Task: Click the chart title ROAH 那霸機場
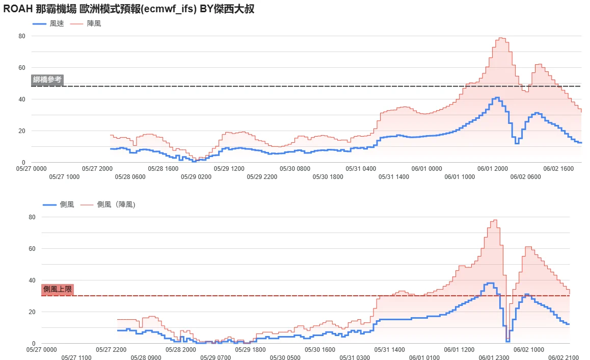40,9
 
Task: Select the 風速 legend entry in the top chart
48,24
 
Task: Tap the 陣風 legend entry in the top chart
86,24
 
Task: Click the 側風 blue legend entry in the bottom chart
58,204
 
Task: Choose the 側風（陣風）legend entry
108,204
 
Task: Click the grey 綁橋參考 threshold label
47,80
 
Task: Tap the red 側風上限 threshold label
57,289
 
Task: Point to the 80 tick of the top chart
22,36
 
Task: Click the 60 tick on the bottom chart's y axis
32,248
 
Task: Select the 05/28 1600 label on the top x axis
163,169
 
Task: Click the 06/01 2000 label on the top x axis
493,169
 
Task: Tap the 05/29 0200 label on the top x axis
196,177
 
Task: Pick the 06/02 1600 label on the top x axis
558,169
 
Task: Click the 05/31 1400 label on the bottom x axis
389,350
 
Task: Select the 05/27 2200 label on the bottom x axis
111,350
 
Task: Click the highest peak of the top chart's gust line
501,38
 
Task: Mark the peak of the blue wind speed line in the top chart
497,97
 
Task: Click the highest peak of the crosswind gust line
495,220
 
